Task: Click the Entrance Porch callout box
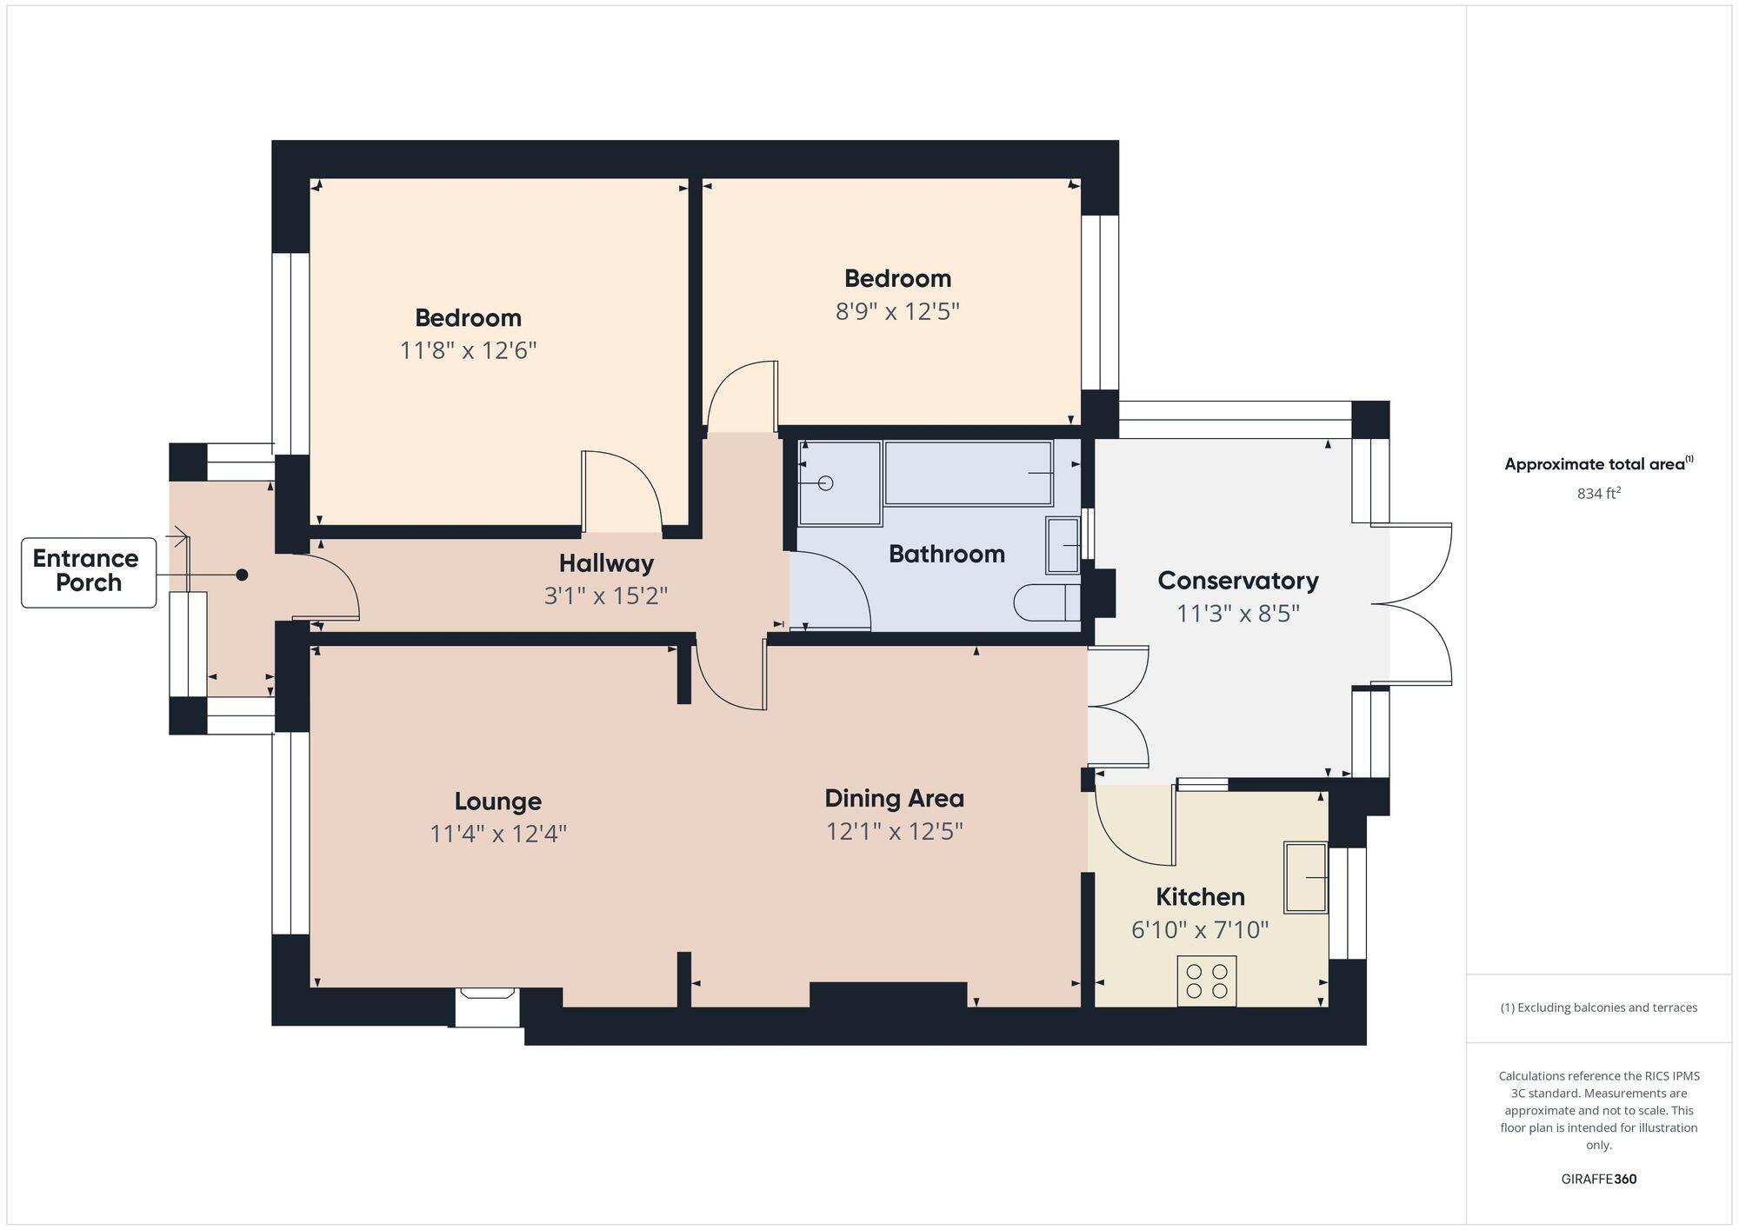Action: (x=88, y=572)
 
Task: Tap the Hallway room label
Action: (x=606, y=563)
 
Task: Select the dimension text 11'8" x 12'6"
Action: (x=468, y=350)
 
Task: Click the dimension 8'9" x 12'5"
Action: (x=896, y=311)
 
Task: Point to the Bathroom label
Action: (x=946, y=554)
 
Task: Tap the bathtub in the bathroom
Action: (x=968, y=473)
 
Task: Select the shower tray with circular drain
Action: (x=839, y=483)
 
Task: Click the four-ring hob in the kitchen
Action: (x=1206, y=981)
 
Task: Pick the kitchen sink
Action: (x=1305, y=877)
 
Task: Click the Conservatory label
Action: (x=1237, y=581)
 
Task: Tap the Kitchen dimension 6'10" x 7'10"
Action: (x=1199, y=930)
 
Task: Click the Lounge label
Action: (x=497, y=801)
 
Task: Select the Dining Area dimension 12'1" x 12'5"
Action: (x=894, y=831)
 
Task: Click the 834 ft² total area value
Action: (x=1598, y=494)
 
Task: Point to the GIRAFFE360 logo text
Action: (x=1598, y=1179)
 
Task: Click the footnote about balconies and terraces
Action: (x=1598, y=1007)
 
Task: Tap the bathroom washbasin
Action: (x=1063, y=545)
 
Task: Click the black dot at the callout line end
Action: (x=243, y=575)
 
